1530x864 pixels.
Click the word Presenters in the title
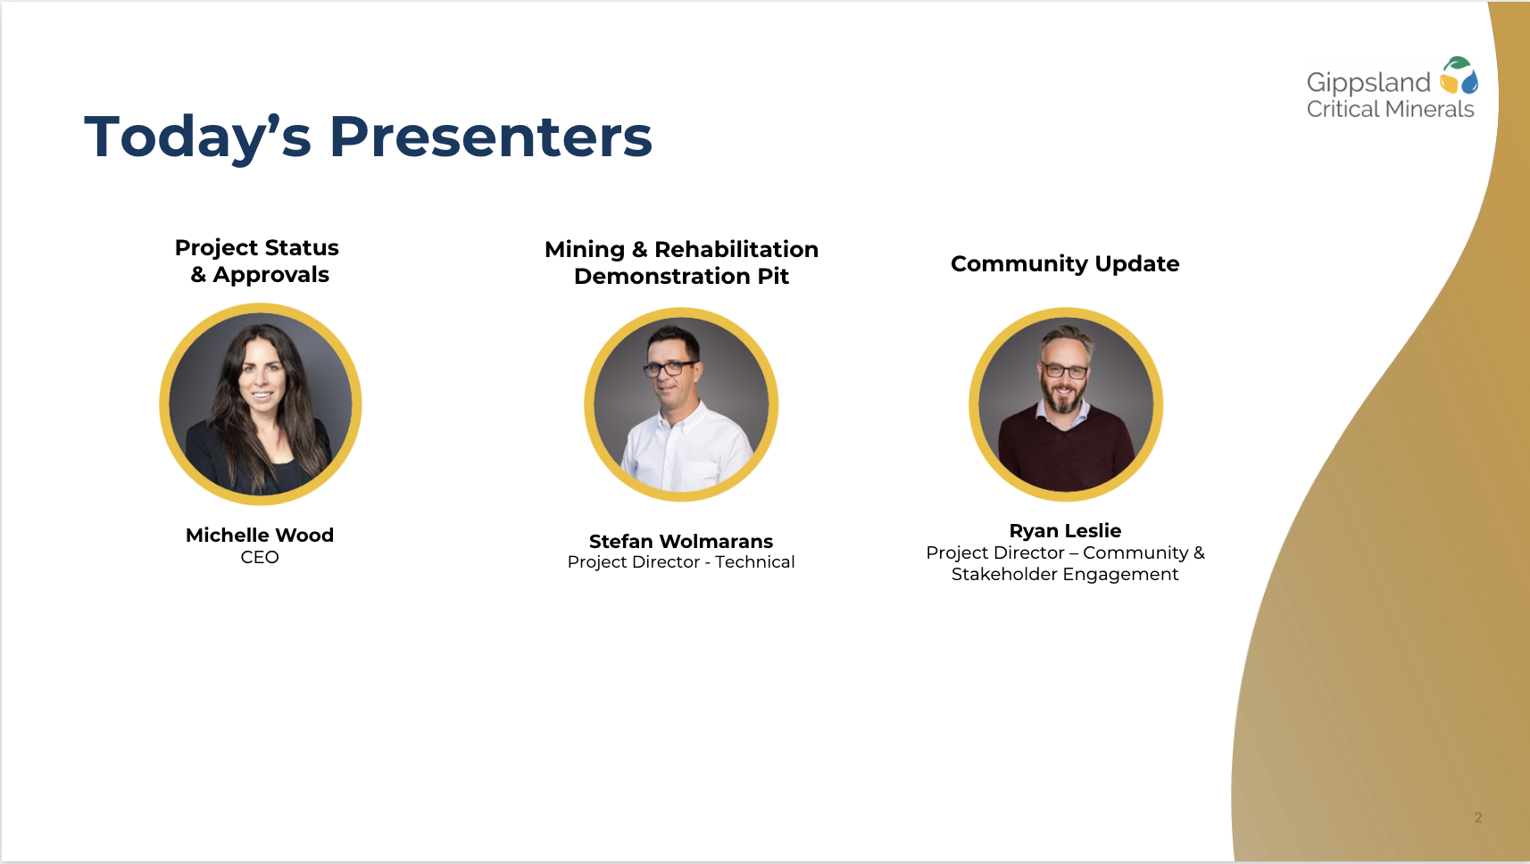pyautogui.click(x=490, y=137)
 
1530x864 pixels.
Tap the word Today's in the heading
pyautogui.click(x=197, y=138)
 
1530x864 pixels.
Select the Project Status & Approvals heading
pyautogui.click(x=257, y=261)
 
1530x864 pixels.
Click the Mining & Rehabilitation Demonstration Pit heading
pyautogui.click(x=681, y=263)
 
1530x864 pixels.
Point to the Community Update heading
pyautogui.click(x=1065, y=264)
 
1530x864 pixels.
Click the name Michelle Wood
pyautogui.click(x=260, y=535)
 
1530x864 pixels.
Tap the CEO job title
pyautogui.click(x=260, y=557)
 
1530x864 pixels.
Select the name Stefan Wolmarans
pyautogui.click(x=681, y=542)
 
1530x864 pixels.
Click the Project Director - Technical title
pyautogui.click(x=681, y=562)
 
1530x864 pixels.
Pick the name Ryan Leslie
pyautogui.click(x=1065, y=531)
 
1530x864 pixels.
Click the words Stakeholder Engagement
pyautogui.click(x=1065, y=575)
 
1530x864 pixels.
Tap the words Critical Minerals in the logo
pyautogui.click(x=1390, y=109)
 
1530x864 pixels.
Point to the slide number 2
pyautogui.click(x=1477, y=818)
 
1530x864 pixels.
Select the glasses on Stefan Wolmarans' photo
pyautogui.click(x=670, y=369)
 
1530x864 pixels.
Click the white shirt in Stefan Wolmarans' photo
pyautogui.click(x=686, y=450)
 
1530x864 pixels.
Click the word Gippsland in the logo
pyautogui.click(x=1368, y=83)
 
